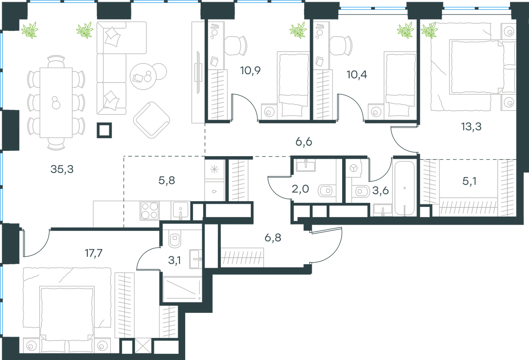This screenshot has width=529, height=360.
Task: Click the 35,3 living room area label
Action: [x=62, y=169]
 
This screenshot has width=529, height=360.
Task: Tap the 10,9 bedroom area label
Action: [x=250, y=71]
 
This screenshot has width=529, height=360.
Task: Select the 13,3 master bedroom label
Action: [x=471, y=127]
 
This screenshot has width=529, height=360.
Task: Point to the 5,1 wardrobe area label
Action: [x=469, y=181]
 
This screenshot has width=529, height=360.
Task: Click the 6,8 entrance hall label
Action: [x=273, y=237]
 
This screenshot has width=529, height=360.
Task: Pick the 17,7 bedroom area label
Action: [x=93, y=253]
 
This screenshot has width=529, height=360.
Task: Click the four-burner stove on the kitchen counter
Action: [x=149, y=210]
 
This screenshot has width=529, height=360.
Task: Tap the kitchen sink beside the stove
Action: [x=181, y=210]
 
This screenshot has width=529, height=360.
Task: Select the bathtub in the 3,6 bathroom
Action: [x=405, y=188]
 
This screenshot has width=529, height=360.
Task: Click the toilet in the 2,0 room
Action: [x=327, y=191]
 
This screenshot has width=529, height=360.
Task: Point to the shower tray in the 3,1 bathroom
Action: [x=183, y=289]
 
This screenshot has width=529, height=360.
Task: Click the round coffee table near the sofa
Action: [x=143, y=76]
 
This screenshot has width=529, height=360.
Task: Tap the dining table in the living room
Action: [x=56, y=103]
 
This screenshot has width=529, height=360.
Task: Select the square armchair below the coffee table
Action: [x=151, y=120]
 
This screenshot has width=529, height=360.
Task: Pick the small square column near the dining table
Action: [x=104, y=130]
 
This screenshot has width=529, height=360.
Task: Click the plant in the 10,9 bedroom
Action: [x=298, y=30]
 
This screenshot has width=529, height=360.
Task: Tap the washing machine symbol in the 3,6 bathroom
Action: [x=354, y=168]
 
